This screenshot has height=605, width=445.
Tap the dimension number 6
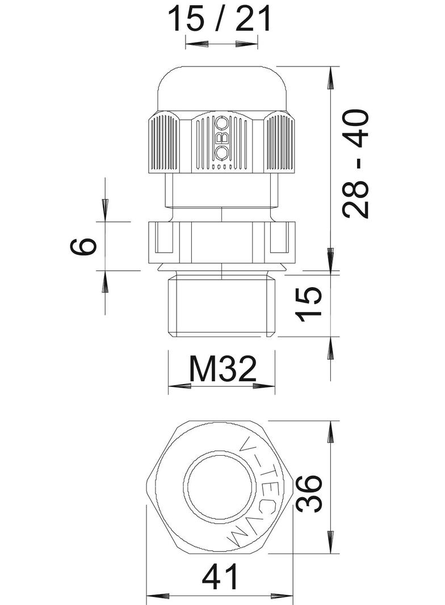click(x=83, y=246)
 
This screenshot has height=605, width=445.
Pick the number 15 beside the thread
click(x=310, y=304)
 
